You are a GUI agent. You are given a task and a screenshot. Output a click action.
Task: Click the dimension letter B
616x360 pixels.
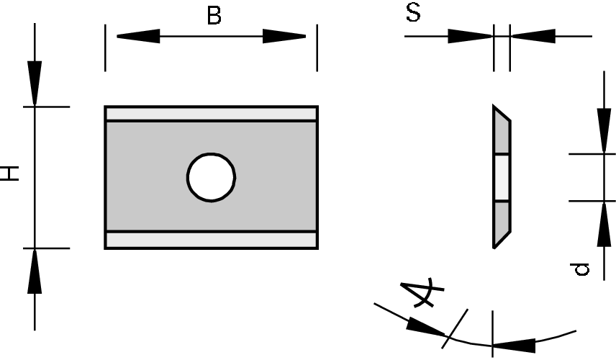point(214,16)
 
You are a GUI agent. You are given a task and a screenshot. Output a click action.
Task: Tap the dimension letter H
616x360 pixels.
point(11,173)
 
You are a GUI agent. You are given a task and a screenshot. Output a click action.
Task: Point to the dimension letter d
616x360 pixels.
point(581,269)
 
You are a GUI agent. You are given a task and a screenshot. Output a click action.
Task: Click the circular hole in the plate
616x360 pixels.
point(212,177)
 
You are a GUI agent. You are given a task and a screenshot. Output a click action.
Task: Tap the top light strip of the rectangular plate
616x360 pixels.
point(211,114)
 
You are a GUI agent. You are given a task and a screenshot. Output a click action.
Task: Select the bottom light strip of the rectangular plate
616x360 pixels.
point(211,240)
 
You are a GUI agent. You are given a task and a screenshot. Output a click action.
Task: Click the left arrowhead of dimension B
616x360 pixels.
point(137,36)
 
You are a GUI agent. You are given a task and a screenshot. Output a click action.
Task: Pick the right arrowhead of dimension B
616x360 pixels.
point(285,36)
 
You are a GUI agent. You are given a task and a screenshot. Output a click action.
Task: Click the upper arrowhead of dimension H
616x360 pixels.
point(35,84)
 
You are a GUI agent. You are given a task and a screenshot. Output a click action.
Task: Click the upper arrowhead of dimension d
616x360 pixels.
point(603,130)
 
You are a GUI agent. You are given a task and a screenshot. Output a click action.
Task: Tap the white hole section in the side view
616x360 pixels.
point(502,177)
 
